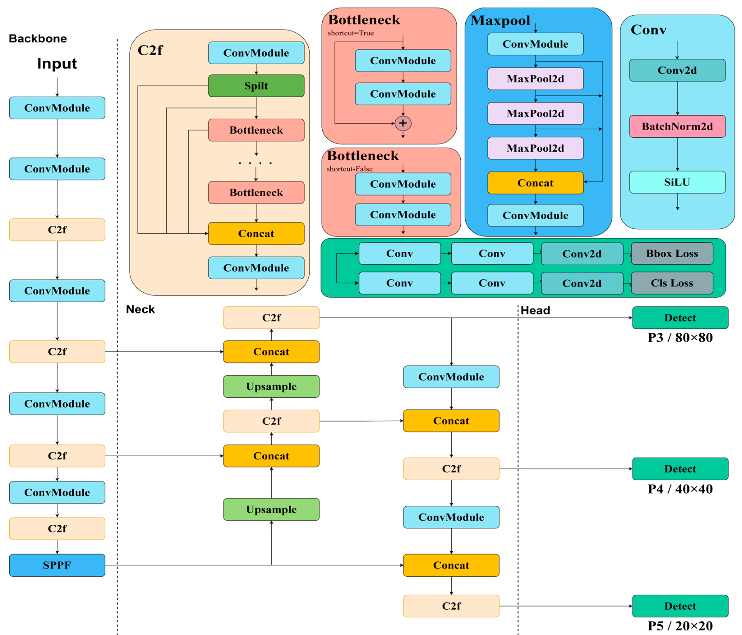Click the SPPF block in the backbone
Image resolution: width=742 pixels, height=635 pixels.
[x=57, y=565]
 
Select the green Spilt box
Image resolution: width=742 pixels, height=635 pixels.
[x=256, y=86]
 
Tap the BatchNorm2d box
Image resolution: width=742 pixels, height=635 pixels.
[x=677, y=126]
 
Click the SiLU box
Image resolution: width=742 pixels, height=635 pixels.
[x=677, y=182]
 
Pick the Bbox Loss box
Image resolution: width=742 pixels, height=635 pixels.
[x=672, y=253]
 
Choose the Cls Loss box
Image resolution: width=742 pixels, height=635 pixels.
[x=672, y=283]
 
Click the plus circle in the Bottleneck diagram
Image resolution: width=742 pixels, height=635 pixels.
[x=403, y=123]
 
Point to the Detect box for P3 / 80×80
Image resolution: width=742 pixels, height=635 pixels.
[x=680, y=317]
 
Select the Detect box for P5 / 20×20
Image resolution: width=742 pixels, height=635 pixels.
[x=680, y=606]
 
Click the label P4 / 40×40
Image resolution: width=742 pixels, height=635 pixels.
[x=680, y=489]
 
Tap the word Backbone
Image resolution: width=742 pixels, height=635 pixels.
[x=38, y=38]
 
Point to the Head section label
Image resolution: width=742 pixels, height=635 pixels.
[x=535, y=310]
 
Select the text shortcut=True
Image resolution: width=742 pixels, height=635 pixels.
[x=351, y=33]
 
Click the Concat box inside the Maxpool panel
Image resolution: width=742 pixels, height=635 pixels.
[x=535, y=183]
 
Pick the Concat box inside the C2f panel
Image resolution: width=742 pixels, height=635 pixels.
[x=256, y=233]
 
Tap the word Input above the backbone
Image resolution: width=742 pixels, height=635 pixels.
[x=57, y=63]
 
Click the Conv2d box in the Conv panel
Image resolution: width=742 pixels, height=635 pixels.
[x=677, y=70]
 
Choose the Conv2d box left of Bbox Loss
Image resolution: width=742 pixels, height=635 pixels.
[x=582, y=254]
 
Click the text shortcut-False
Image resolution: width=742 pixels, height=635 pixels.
[x=349, y=169]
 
